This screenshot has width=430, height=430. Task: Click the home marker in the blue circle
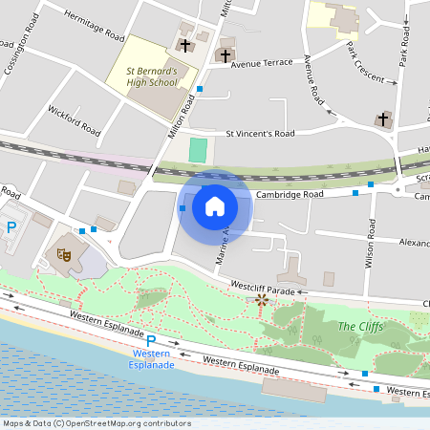tap(215, 205)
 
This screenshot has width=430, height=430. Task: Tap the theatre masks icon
tap(63, 254)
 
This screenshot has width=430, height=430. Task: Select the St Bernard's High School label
tap(152, 76)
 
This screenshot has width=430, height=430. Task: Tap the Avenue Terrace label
tap(268, 63)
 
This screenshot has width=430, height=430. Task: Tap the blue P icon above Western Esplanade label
tap(150, 340)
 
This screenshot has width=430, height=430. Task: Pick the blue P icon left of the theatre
tap(11, 227)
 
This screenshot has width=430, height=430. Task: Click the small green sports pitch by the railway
tap(198, 150)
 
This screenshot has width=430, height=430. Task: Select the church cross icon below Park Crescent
tap(383, 119)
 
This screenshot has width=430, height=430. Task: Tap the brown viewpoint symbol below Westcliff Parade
tap(262, 301)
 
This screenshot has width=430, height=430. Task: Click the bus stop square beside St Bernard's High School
tap(200, 89)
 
